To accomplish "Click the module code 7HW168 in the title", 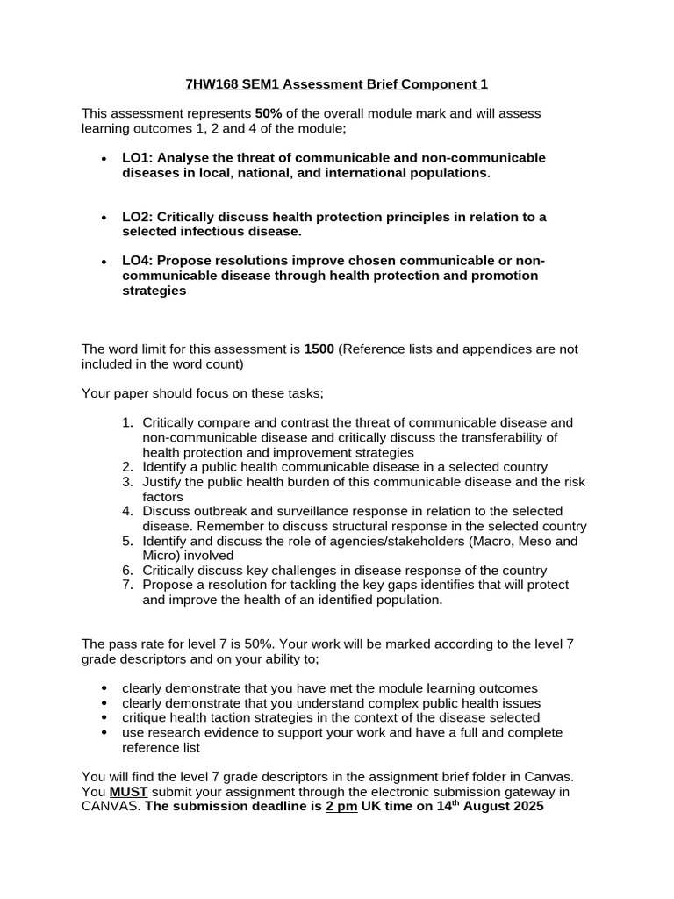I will click(212, 84).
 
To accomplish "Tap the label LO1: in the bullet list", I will click(139, 157).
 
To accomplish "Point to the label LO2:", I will click(139, 217).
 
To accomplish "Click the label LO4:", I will click(139, 261).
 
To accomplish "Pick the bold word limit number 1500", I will click(319, 349).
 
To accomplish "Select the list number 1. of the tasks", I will click(128, 422).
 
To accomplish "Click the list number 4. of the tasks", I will click(128, 511).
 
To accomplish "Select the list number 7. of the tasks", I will click(128, 585).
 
